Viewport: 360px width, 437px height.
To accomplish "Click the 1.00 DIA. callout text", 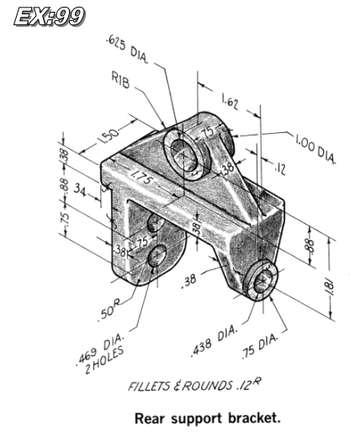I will click(315, 148).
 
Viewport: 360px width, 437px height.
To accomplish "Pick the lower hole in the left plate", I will click(156, 258).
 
